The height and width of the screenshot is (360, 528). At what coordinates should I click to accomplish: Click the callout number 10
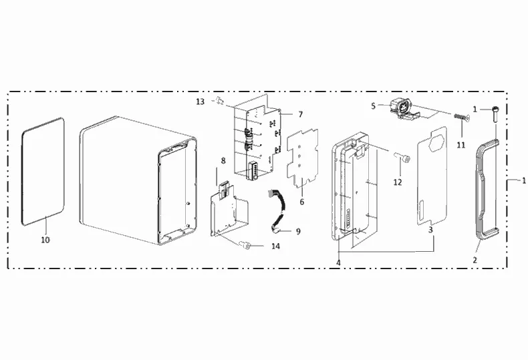[45, 239]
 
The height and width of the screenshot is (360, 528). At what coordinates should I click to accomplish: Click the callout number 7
[300, 115]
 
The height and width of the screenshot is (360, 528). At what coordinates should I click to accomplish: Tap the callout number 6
[301, 201]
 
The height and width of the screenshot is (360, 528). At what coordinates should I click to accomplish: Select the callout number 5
[374, 105]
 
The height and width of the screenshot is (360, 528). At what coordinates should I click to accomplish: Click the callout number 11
[460, 144]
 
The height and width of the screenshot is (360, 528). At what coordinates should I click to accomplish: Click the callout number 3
[432, 229]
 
